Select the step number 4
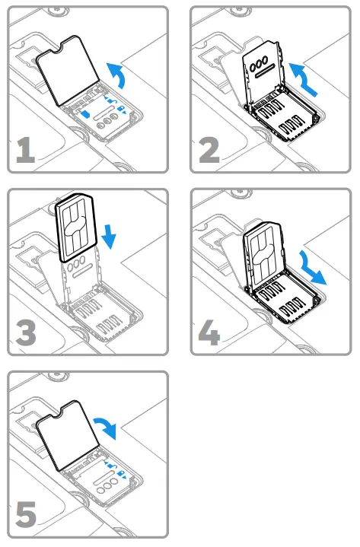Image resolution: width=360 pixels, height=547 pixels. pos(208,332)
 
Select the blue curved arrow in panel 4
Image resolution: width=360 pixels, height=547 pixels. pos(311,267)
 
